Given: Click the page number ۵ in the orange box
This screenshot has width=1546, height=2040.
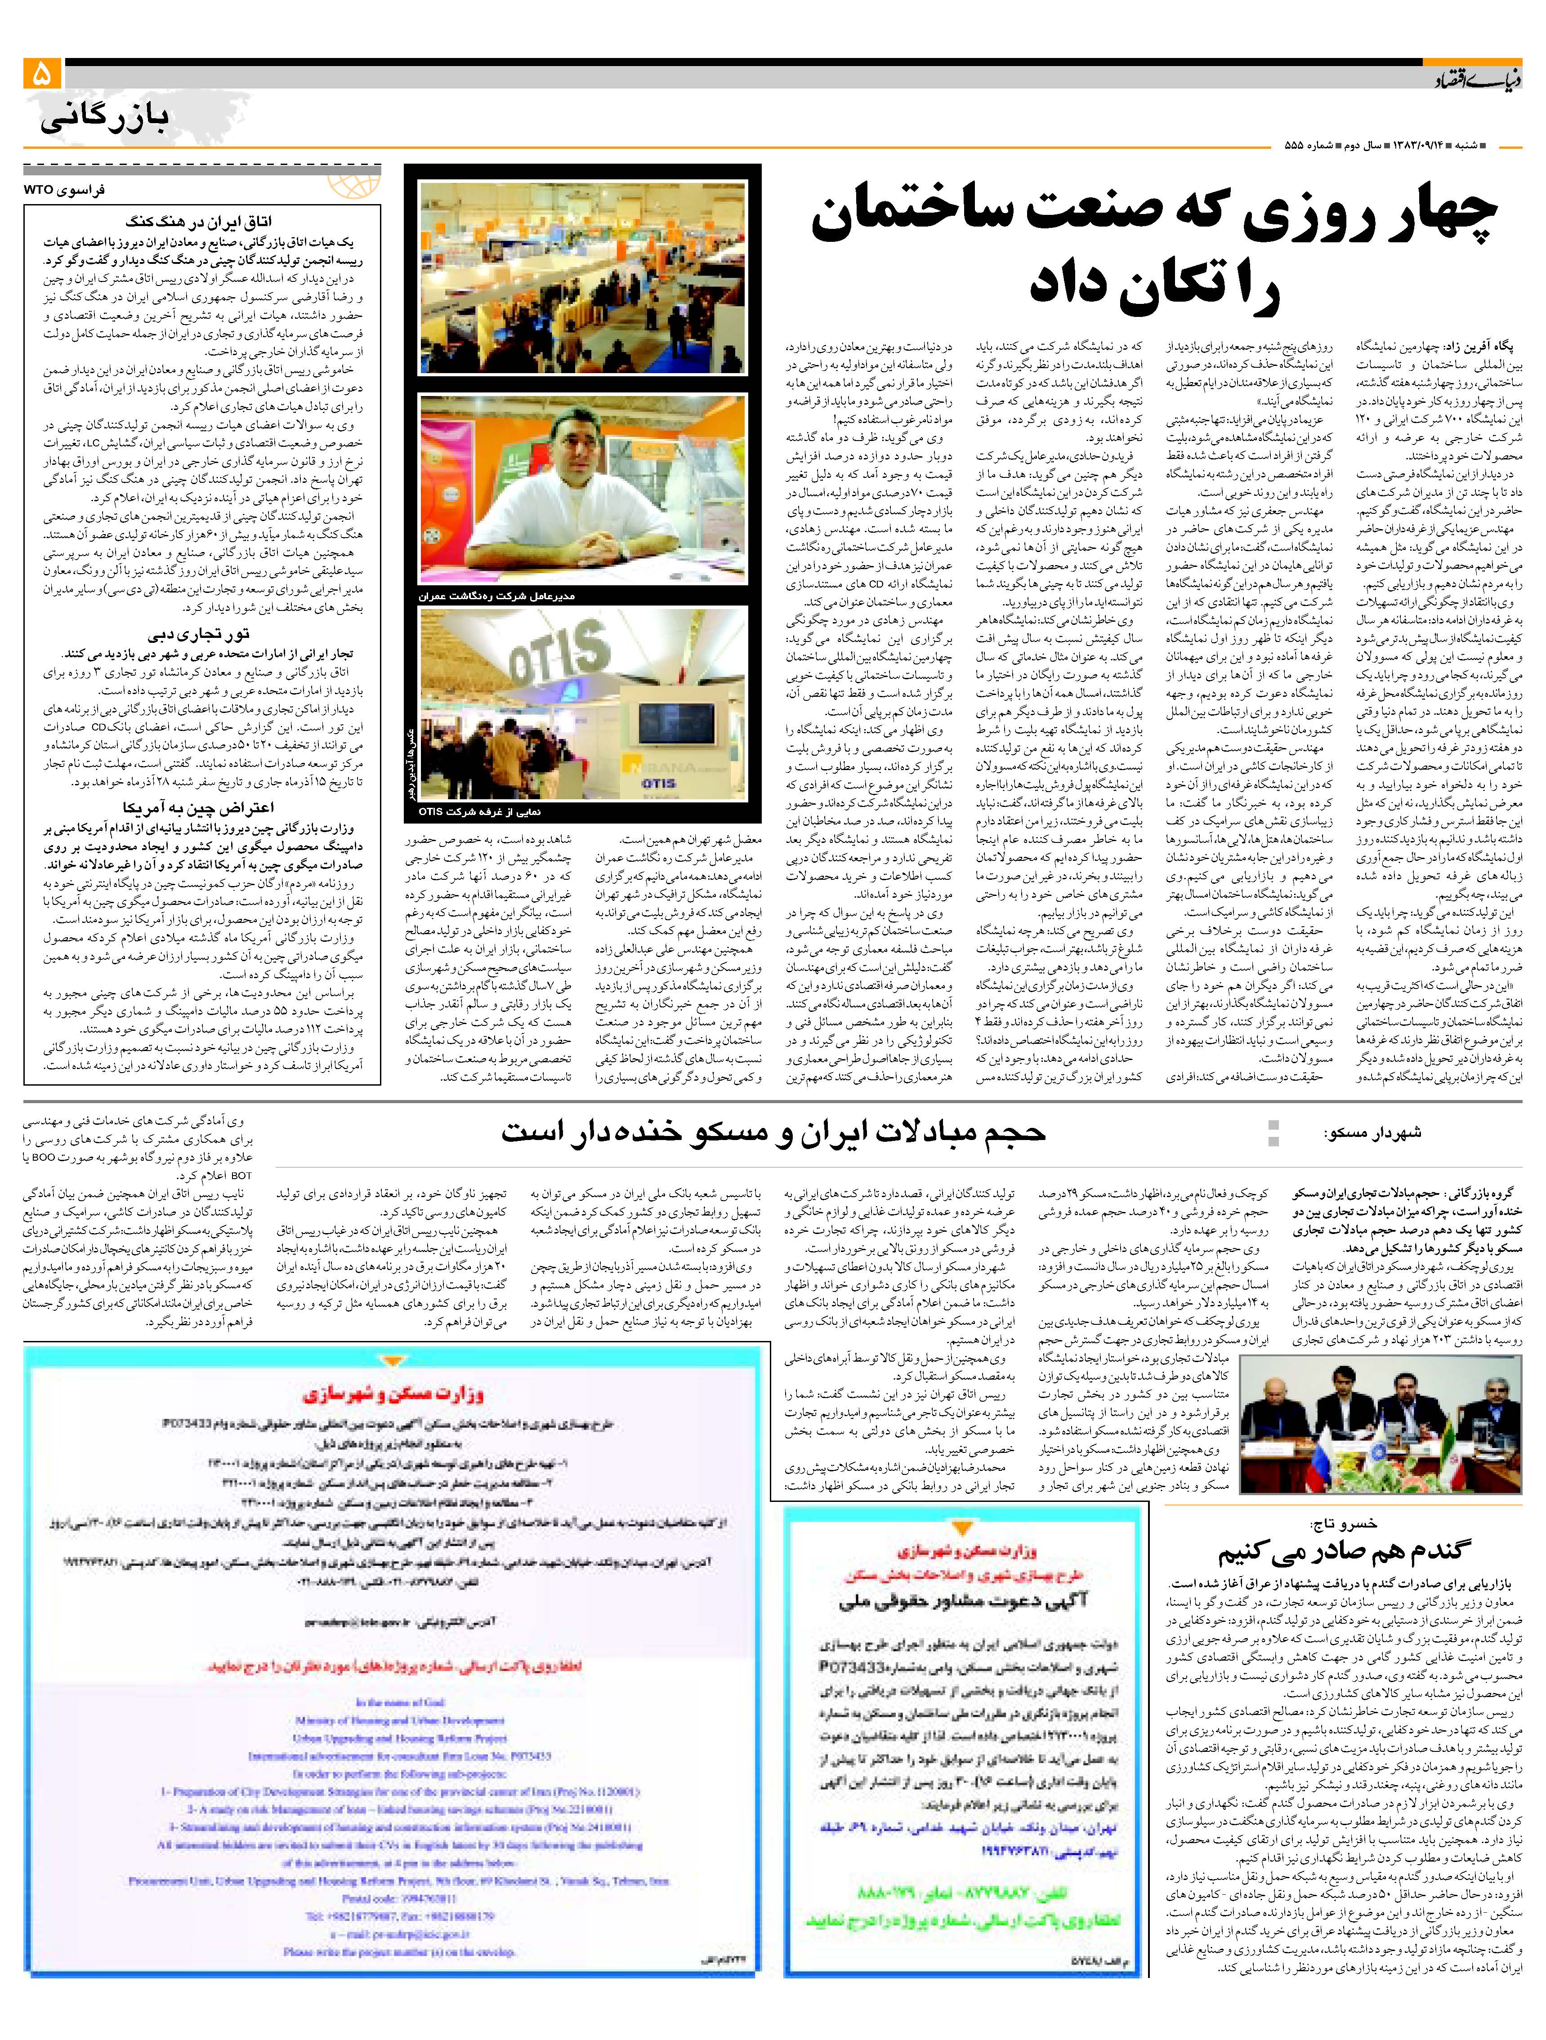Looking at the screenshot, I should [x=42, y=73].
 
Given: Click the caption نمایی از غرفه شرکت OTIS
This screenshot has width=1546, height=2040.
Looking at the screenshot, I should [x=480, y=811].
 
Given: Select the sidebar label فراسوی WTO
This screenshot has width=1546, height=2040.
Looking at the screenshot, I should [x=65, y=189].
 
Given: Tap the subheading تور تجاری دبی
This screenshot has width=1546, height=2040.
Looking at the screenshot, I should [x=198, y=634].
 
